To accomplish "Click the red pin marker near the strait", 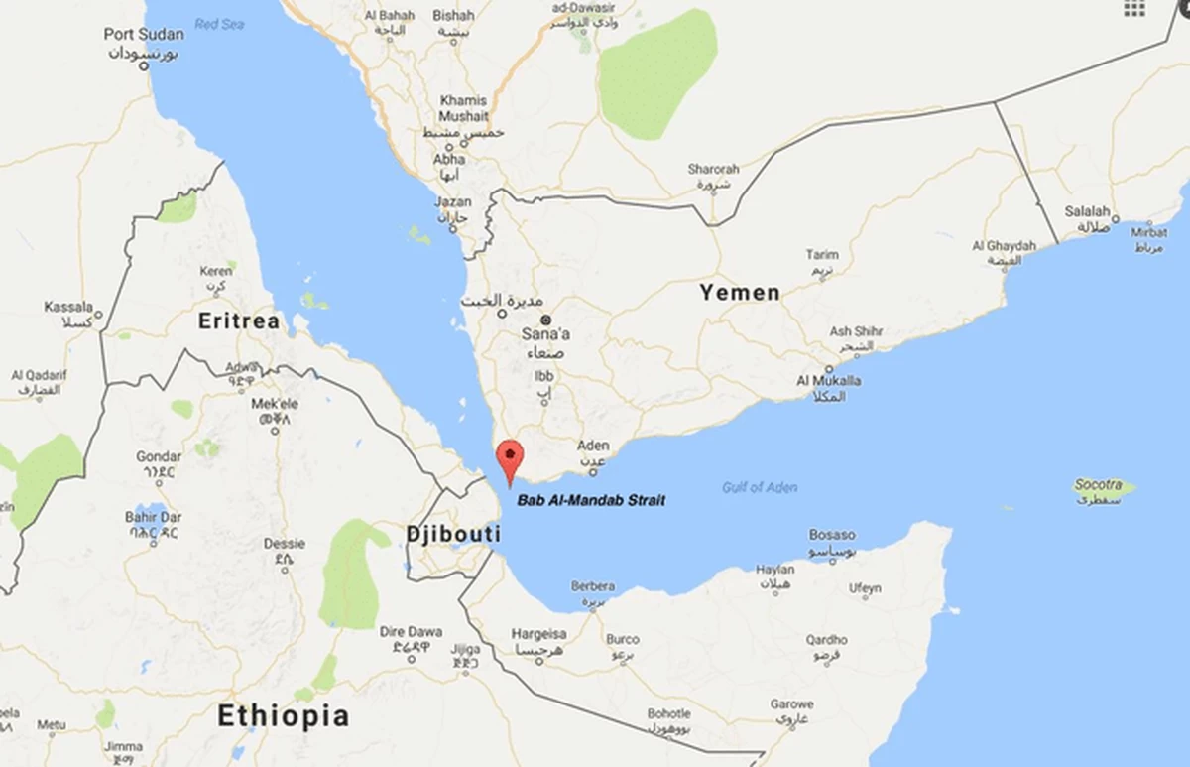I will pos(510,458).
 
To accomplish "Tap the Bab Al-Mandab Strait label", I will pos(591,500).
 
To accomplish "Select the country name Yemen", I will pos(739,292).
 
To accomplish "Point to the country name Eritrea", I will pos(239,320).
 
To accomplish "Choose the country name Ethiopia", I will pos(284,715).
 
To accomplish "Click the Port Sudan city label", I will pos(144,35).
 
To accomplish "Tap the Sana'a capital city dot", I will pos(545,320).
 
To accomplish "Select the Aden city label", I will pos(593,447).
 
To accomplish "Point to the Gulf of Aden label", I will pos(760,487).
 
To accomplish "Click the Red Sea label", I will pos(219,24).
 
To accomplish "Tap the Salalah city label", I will pos(1087,211).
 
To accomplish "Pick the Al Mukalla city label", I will pos(822,381).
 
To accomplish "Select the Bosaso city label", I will pos(831,535).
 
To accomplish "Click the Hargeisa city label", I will pos(538,634).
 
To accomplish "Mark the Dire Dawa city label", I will pos(411,632).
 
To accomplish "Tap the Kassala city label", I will pos(68,308).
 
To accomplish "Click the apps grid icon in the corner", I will pos(1134,8).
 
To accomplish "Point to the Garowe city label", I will pos(791,704).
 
